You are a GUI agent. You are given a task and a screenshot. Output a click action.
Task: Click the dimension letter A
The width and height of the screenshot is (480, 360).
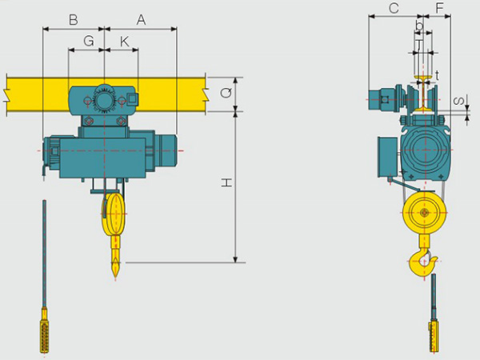(x=141, y=20)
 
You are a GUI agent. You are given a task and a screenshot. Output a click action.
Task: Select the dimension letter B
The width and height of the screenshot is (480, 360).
(x=73, y=20)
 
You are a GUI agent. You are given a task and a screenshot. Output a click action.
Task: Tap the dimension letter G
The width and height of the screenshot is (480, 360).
(x=89, y=41)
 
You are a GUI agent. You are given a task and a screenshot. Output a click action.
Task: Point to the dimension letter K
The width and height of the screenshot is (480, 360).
(x=125, y=42)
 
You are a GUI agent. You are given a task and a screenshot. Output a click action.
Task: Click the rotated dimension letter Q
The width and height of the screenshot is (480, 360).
(x=226, y=92)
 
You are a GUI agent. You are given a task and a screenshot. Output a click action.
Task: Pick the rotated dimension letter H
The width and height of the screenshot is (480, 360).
(x=226, y=183)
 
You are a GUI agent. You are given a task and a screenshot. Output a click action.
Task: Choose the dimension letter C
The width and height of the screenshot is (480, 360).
(x=394, y=8)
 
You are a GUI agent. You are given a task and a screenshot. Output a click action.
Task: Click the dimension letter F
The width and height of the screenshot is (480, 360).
(x=439, y=8)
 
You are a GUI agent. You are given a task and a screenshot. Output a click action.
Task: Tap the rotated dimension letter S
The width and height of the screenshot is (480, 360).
(x=458, y=101)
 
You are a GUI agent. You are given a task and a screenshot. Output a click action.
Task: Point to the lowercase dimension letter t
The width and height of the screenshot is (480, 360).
(x=437, y=74)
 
